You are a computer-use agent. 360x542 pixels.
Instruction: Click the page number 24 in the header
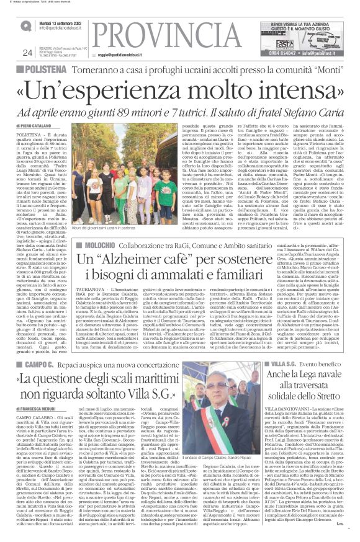coord(27,53)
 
